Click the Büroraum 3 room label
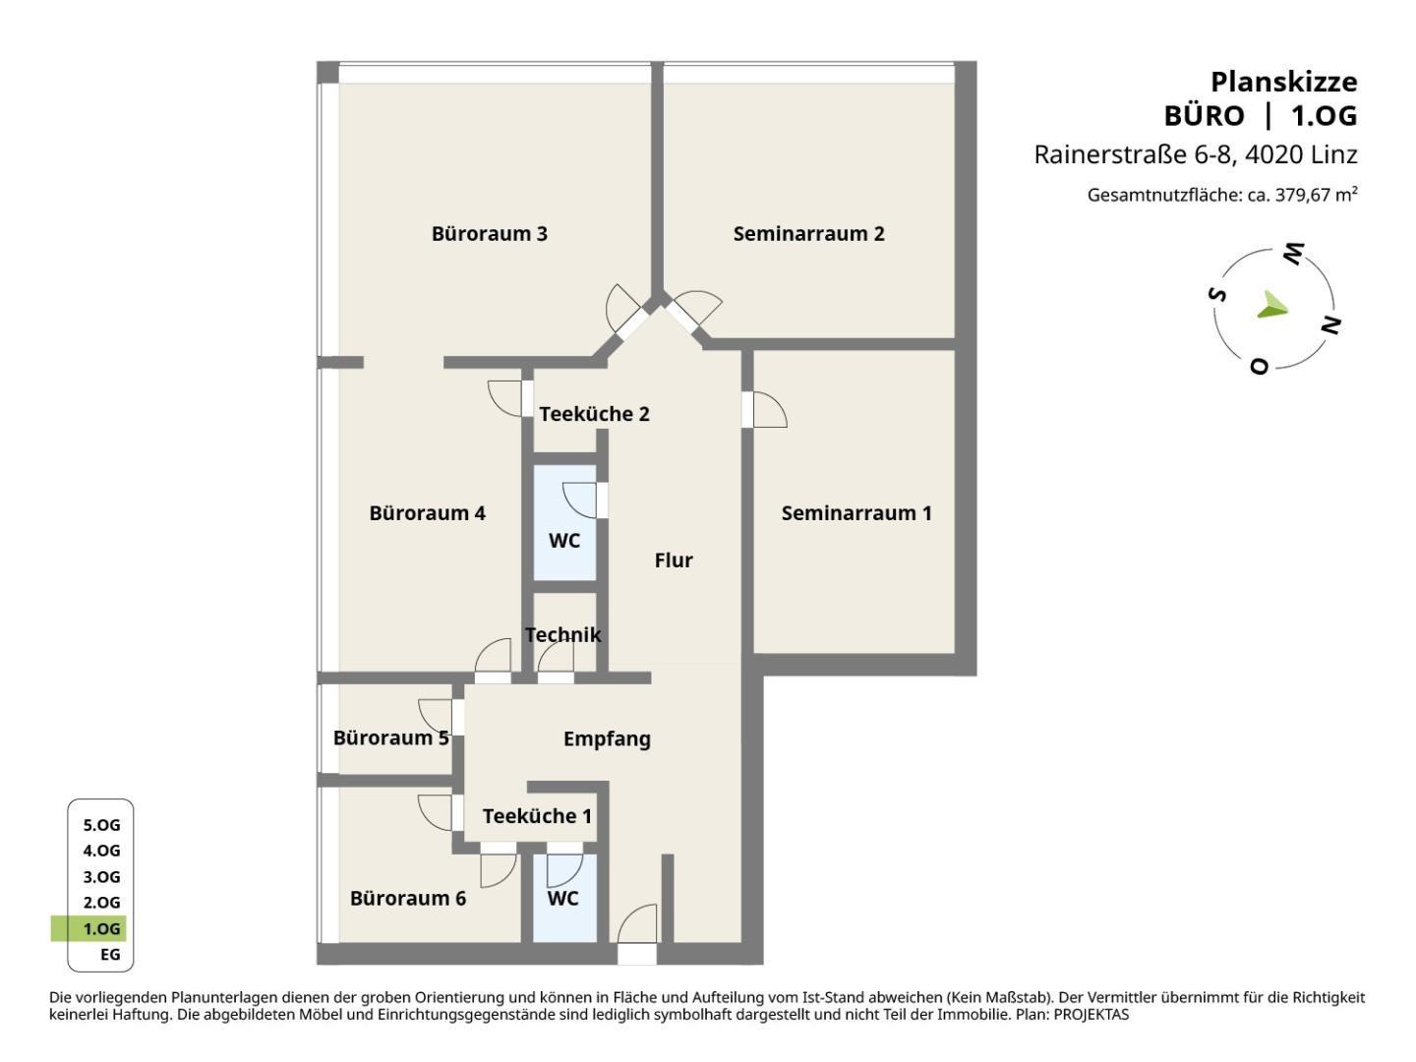(x=489, y=233)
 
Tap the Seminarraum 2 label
(x=808, y=233)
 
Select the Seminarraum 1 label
(x=856, y=513)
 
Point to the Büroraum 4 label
(x=427, y=513)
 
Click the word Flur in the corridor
(x=674, y=560)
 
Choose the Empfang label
(x=607, y=738)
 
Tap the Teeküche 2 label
(x=594, y=414)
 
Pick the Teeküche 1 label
(x=537, y=816)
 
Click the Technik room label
(x=562, y=635)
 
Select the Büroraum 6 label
(x=408, y=898)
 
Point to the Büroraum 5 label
(x=391, y=737)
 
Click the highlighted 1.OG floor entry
(x=101, y=928)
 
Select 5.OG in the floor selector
(x=101, y=825)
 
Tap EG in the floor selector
(x=110, y=954)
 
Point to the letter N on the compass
(x=1331, y=324)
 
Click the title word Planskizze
(x=1284, y=83)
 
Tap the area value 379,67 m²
(x=1316, y=195)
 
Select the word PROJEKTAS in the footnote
(x=1091, y=1014)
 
